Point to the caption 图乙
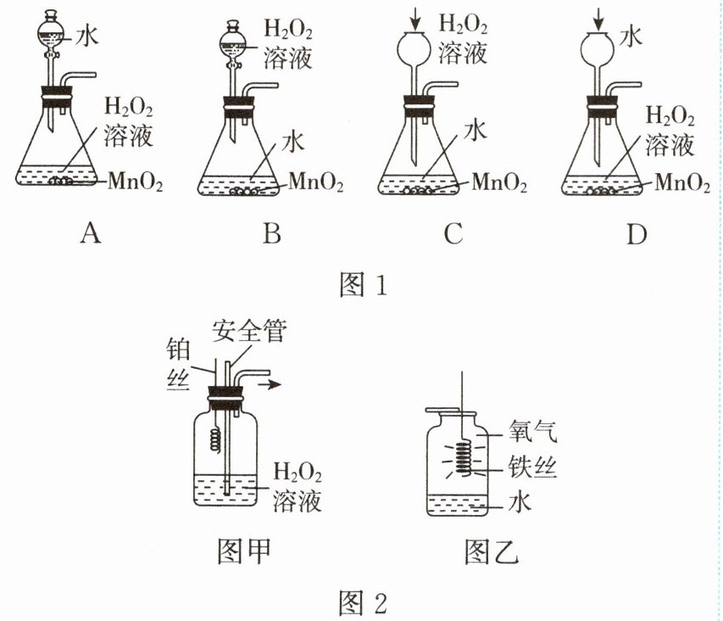[492, 552]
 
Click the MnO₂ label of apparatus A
[136, 181]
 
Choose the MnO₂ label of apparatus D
[682, 181]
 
